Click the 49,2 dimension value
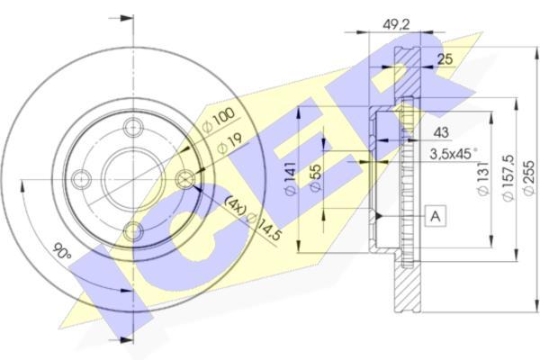pyautogui.click(x=396, y=25)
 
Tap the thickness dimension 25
pyautogui.click(x=445, y=59)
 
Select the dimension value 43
pyautogui.click(x=440, y=132)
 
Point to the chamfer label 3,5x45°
pyautogui.click(x=454, y=154)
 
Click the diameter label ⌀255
pyautogui.click(x=528, y=178)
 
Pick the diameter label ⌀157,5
pyautogui.click(x=508, y=178)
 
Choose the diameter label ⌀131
pyautogui.click(x=483, y=178)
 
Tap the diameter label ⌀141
pyautogui.click(x=290, y=178)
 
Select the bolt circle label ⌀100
pyautogui.click(x=219, y=121)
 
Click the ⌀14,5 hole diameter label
pyautogui.click(x=264, y=227)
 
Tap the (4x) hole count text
pyautogui.click(x=235, y=206)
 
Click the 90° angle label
pyautogui.click(x=62, y=252)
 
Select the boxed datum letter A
pyautogui.click(x=436, y=216)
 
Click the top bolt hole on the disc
pyautogui.click(x=133, y=128)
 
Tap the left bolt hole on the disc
pyautogui.click(x=82, y=179)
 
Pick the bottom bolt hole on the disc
pyautogui.click(x=133, y=230)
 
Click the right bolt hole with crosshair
pyautogui.click(x=184, y=179)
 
